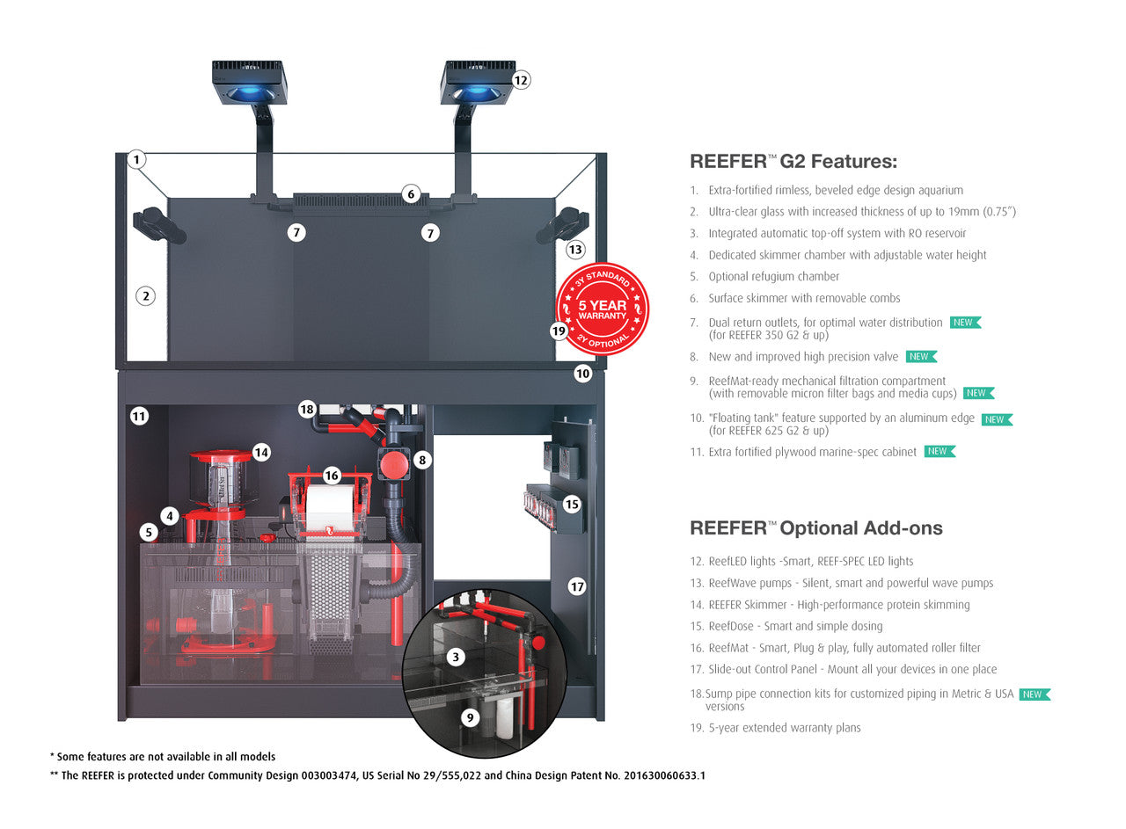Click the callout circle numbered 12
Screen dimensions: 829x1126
[x=521, y=80]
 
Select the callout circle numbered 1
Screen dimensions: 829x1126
[x=135, y=160]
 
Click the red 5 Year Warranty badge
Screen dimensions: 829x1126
[x=603, y=309]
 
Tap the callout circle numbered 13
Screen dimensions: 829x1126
[x=575, y=250]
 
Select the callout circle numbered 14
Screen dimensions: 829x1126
[x=261, y=453]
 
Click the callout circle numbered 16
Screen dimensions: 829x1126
[x=331, y=476]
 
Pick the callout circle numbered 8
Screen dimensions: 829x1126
[x=422, y=459]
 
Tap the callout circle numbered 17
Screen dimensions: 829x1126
[x=577, y=586]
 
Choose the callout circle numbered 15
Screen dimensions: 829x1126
[x=572, y=505]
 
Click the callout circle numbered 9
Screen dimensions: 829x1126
[x=470, y=718]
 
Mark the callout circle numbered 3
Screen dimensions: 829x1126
[x=455, y=657]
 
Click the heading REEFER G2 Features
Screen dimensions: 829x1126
[x=793, y=162]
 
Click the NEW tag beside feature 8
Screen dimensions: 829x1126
[x=921, y=357]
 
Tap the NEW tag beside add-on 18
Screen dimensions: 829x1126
[x=1035, y=694]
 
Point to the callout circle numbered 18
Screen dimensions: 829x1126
[x=306, y=409]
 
